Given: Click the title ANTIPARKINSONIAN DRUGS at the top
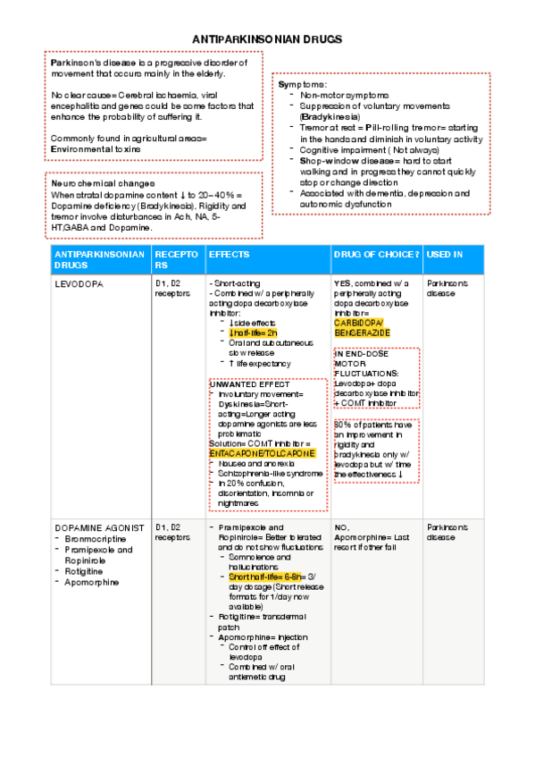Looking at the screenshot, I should click(267, 40).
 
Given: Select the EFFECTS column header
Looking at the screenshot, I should click(229, 255).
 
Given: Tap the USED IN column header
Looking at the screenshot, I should click(445, 255).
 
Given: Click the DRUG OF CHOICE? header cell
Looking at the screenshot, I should click(376, 255).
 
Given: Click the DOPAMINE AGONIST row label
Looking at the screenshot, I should click(98, 527).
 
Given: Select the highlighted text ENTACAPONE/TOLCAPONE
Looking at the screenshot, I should click(262, 453).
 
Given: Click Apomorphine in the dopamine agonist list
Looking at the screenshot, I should click(91, 582).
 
